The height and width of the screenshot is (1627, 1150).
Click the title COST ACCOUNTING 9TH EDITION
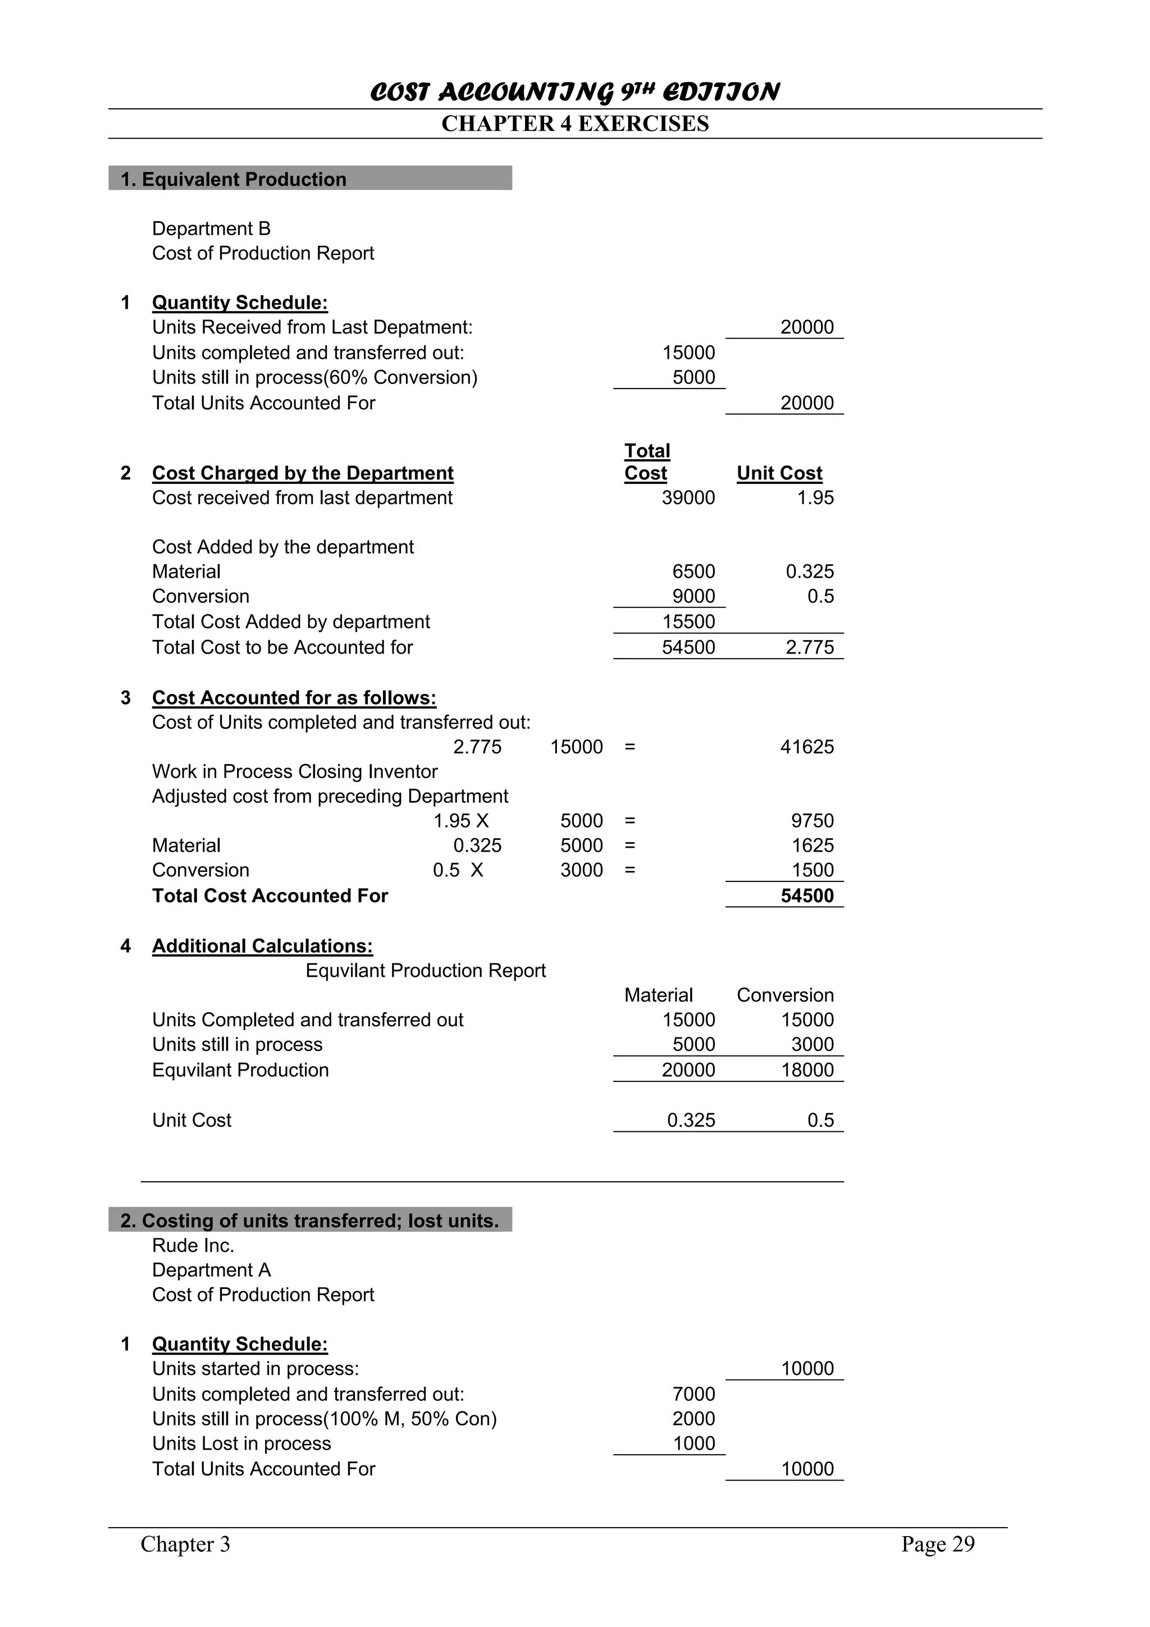pos(574,92)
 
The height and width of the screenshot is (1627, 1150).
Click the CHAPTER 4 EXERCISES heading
pos(574,124)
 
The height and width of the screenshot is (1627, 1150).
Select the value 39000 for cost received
pos(688,497)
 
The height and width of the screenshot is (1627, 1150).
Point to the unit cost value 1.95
pos(815,497)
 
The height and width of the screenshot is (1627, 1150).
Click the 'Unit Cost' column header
pos(779,473)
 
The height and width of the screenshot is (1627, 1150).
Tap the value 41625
pos(806,747)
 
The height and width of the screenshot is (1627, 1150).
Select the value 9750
pos(812,821)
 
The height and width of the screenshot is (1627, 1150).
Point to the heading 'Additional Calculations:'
pos(262,946)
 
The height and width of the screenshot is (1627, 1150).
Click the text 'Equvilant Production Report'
pos(425,970)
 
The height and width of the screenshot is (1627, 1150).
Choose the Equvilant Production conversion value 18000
pos(806,1070)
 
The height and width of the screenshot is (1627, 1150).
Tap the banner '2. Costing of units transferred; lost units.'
pos(309,1221)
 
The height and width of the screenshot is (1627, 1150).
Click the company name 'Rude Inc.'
pos(193,1245)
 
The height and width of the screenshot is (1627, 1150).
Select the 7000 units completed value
pos(693,1394)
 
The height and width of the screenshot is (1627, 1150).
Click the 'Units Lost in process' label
pos(241,1443)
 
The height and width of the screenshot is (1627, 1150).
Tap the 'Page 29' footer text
pos(937,1544)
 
